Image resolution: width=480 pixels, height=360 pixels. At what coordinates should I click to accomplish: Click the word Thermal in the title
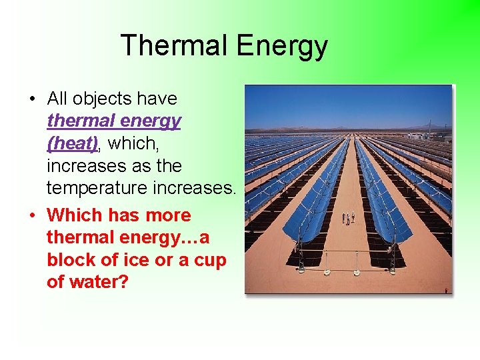click(174, 46)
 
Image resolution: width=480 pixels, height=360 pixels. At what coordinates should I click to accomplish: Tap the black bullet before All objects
click(31, 99)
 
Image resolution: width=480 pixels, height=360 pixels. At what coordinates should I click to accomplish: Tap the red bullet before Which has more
click(31, 216)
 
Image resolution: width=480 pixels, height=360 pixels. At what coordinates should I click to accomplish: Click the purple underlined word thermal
click(79, 121)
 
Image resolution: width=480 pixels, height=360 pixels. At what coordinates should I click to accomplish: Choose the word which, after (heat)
click(134, 143)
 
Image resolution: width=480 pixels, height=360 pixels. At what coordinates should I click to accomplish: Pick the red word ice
click(136, 260)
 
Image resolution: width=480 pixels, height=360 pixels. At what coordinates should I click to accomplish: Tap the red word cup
click(209, 260)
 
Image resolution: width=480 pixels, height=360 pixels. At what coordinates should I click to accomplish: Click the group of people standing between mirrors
click(348, 218)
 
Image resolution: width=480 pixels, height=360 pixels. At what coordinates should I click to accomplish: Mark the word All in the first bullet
click(57, 99)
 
